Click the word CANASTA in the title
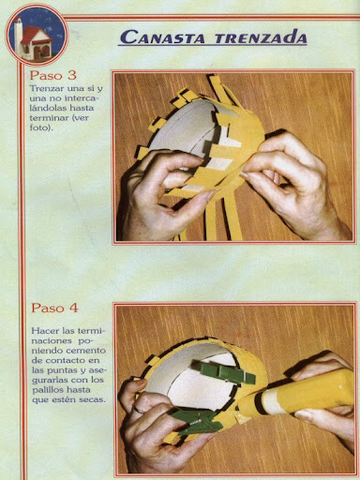(162, 37)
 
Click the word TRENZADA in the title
(261, 37)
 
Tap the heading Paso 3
(53, 75)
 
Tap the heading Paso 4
(54, 308)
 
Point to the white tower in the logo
(19, 35)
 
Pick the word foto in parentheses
(38, 128)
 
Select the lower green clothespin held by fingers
(198, 421)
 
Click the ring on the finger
(139, 410)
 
